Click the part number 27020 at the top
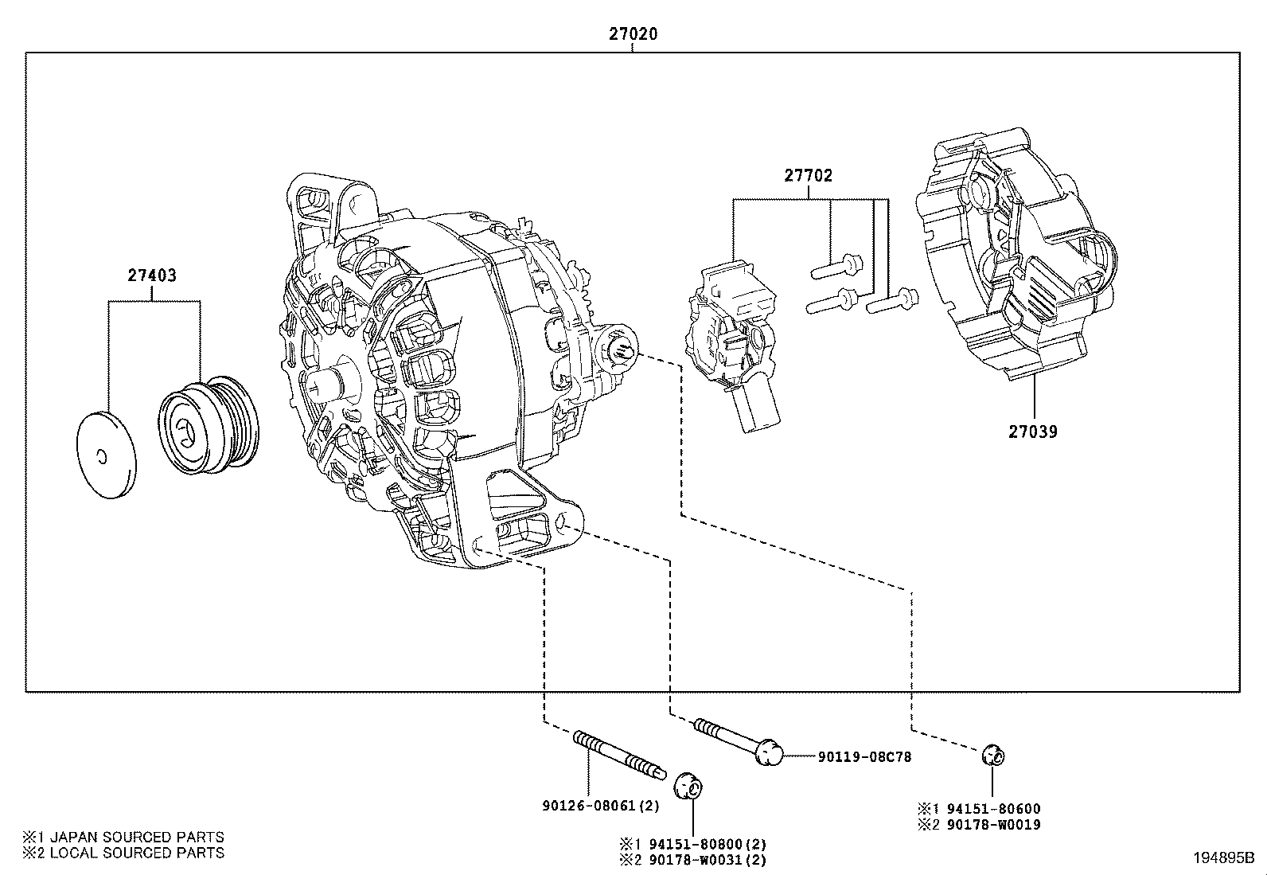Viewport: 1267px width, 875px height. [633, 34]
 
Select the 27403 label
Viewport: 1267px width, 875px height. [152, 276]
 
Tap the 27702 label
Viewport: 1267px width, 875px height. [809, 176]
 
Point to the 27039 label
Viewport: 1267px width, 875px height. [1033, 432]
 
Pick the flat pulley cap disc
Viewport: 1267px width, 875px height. [105, 455]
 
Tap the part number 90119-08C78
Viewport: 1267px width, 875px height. [864, 756]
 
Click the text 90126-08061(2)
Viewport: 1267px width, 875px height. [601, 805]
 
